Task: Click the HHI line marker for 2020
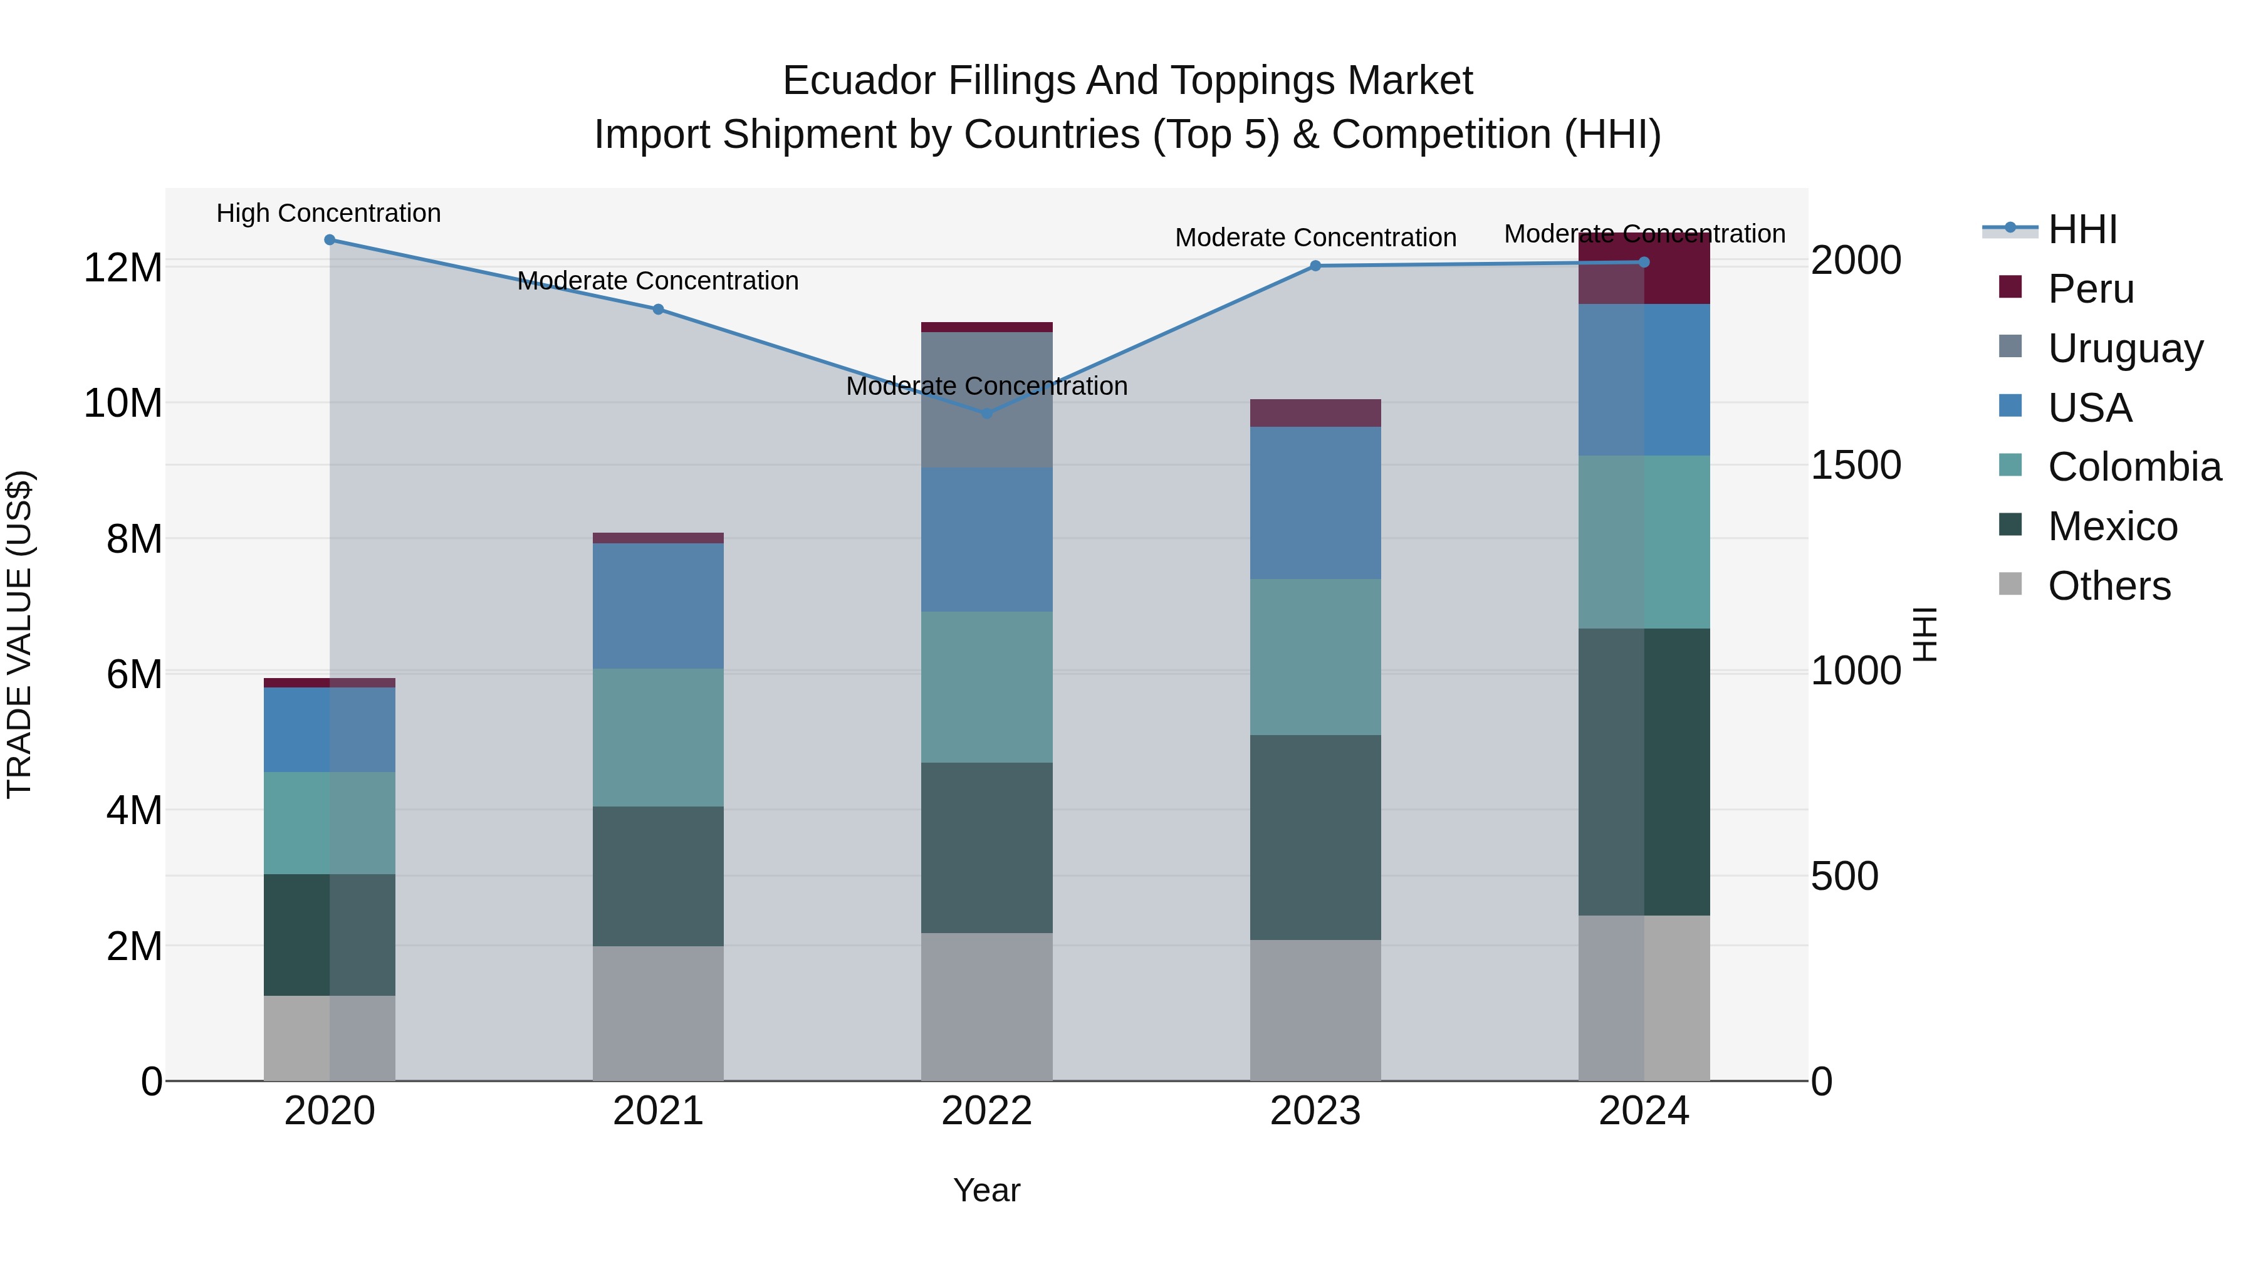pos(329,240)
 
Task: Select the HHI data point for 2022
pos(987,414)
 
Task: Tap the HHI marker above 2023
pos(1315,266)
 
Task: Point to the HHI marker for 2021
pos(658,309)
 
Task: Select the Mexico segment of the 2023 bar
pos(1315,837)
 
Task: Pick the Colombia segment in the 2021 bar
pos(658,738)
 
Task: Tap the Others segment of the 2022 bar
pos(987,1007)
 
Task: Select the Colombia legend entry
pos(2133,467)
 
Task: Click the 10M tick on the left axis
pos(123,404)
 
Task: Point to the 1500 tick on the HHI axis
pos(1856,466)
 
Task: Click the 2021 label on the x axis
pos(658,1111)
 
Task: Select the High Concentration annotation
pos(328,214)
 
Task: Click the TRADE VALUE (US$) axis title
pos(19,634)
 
